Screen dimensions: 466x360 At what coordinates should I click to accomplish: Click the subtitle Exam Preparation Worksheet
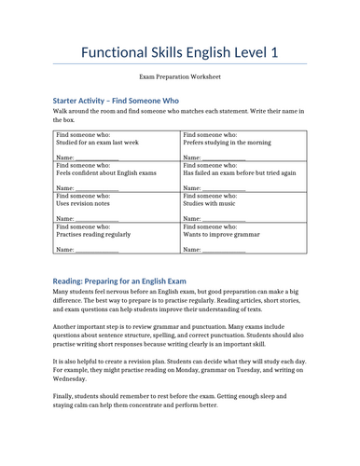click(x=180, y=83)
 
